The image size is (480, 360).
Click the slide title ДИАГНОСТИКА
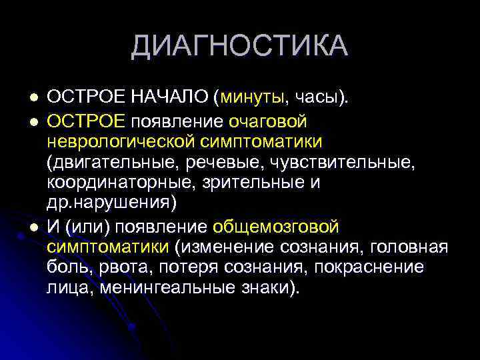point(239,46)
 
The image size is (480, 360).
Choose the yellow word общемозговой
point(276,227)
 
